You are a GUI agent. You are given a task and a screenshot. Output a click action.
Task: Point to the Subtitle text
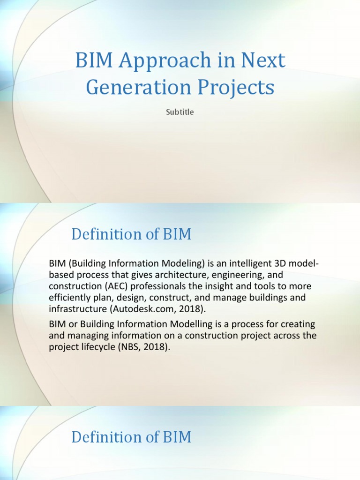click(x=180, y=112)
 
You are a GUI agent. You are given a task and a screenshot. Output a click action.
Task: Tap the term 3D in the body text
click(x=273, y=264)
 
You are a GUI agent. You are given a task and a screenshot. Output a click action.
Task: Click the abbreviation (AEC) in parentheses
click(x=107, y=286)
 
